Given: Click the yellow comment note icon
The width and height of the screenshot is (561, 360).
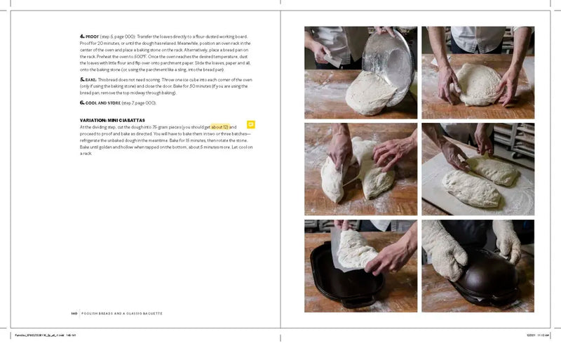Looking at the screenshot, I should (251, 125).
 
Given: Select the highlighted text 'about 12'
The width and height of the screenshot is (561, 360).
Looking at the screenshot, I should (220, 127).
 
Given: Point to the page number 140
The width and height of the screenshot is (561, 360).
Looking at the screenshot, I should (74, 312).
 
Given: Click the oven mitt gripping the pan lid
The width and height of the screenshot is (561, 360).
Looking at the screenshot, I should (445, 260).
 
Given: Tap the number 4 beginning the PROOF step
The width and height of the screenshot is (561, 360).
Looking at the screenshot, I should (82, 36).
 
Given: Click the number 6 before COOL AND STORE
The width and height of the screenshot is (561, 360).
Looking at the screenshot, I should (82, 102).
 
